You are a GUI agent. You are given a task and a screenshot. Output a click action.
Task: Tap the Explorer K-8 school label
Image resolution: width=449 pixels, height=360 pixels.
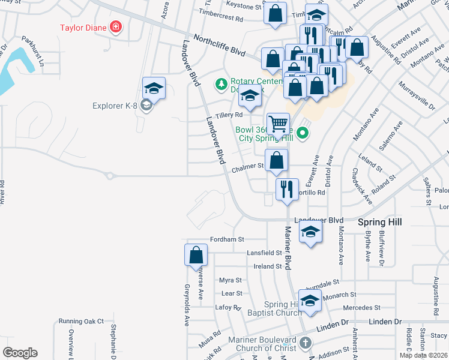point(116,106)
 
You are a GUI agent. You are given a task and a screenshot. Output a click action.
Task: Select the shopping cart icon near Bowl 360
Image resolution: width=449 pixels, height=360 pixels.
point(279,124)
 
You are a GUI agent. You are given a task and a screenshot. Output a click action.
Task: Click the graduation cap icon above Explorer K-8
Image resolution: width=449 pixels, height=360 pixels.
point(154,88)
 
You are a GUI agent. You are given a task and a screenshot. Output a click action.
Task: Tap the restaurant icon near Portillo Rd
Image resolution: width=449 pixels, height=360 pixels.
point(287,188)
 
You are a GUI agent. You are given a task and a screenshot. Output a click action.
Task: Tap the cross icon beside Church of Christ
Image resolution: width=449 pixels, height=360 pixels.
point(306,344)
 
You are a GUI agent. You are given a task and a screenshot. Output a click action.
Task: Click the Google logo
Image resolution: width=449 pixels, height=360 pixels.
point(20,352)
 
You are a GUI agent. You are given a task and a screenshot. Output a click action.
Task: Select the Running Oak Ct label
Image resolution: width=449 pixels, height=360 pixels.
point(81,322)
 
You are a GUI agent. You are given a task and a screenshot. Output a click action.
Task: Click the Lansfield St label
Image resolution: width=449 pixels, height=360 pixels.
point(264,254)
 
